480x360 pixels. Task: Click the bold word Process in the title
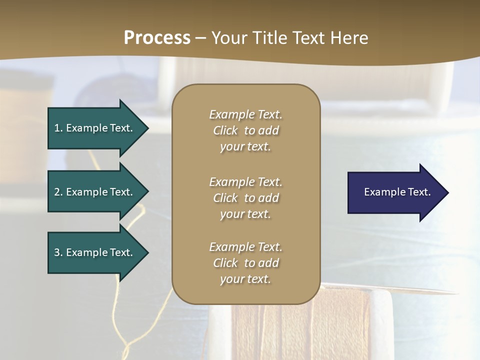click(x=157, y=38)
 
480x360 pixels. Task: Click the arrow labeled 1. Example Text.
click(x=95, y=128)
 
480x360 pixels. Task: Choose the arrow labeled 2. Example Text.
click(x=95, y=192)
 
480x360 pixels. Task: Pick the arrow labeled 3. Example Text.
click(x=95, y=252)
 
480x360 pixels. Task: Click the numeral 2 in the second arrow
click(x=57, y=192)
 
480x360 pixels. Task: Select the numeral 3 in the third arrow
click(x=57, y=252)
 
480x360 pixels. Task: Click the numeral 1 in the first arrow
click(x=57, y=128)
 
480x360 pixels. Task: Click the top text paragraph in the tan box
click(x=245, y=130)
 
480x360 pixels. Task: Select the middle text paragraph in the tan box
click(x=245, y=198)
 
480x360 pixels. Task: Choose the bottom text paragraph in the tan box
click(x=245, y=263)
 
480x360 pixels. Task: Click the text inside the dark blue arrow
click(x=397, y=192)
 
